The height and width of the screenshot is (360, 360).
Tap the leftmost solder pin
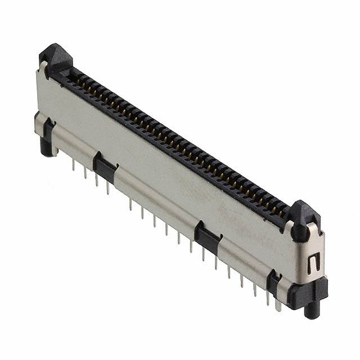point(74,164)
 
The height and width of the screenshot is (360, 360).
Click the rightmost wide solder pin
point(278,304)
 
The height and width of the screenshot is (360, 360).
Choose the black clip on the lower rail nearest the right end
point(274,282)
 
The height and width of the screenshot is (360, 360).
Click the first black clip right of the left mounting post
point(105,167)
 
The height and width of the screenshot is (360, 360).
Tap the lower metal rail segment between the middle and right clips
point(242,259)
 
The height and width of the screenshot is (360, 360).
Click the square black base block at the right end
point(307,292)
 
